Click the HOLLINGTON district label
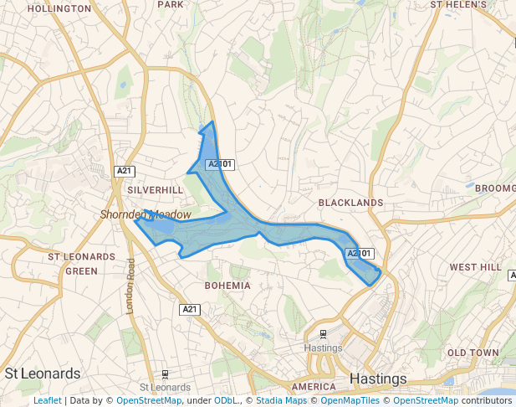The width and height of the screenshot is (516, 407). click(59, 8)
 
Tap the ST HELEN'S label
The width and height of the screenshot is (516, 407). click(458, 4)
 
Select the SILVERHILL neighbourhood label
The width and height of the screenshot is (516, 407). click(155, 190)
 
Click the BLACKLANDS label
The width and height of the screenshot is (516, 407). click(350, 203)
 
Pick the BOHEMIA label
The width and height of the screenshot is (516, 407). click(227, 286)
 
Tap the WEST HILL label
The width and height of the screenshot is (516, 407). click(475, 267)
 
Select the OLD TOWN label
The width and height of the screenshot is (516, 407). click(473, 353)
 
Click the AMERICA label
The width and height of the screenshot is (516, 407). click(314, 387)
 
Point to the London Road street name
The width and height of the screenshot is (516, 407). click(130, 286)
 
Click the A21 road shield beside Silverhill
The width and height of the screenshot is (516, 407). click(125, 171)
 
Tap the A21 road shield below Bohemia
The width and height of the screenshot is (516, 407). click(191, 310)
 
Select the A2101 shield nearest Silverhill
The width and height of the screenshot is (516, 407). click(219, 164)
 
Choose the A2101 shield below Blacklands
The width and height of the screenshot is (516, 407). click(359, 253)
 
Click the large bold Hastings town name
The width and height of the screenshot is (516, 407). click(378, 379)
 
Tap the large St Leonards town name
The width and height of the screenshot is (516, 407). click(43, 374)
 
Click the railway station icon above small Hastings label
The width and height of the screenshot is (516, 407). click(324, 334)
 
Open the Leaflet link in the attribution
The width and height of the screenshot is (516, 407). click(47, 400)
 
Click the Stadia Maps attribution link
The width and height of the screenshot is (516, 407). click(281, 400)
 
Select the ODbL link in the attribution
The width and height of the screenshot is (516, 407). click(226, 400)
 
